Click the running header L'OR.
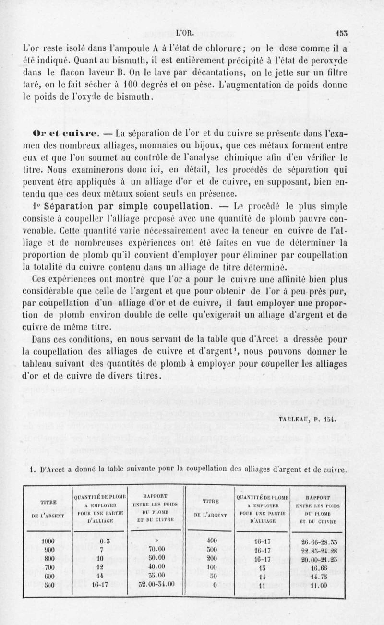[x=184, y=34]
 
